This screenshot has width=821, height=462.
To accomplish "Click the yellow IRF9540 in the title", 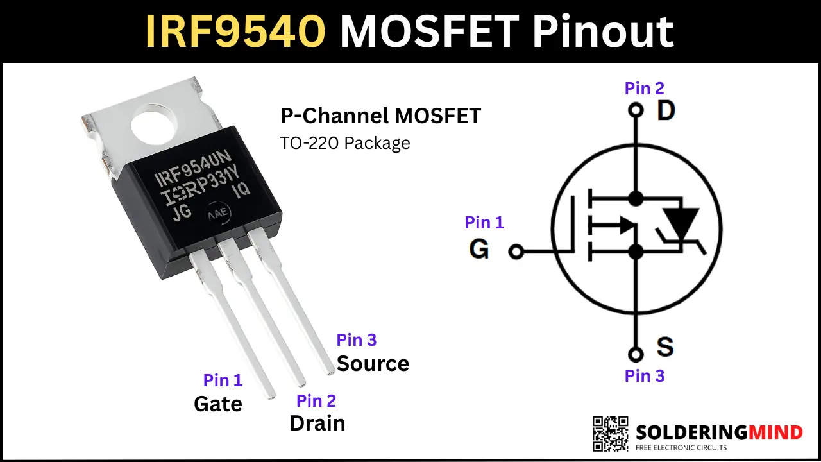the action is coord(235,31).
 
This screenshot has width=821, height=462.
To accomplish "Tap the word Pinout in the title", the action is coord(603,31).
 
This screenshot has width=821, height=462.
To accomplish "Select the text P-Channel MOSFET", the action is coord(380,116).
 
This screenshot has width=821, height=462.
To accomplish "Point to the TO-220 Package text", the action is coord(345,143).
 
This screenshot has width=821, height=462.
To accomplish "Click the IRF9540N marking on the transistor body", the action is coord(192,168).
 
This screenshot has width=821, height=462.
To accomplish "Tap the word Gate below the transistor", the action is coord(218,404).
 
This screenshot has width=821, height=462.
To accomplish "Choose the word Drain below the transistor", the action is coord(317,423).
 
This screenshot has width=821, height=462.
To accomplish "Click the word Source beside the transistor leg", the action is coord(373,363).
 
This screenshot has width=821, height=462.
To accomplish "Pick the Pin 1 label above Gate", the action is coord(223,381).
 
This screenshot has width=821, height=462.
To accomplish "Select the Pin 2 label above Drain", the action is coord(316,401).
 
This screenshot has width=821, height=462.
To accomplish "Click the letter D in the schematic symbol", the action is coord(666,110).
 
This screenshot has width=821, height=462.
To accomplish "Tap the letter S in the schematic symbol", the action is coord(665,346).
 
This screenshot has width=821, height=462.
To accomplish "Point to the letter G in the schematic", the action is coord(478,249).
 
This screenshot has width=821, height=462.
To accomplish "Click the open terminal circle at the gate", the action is coord(516,252).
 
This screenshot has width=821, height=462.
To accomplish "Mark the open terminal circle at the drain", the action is coord(636,110).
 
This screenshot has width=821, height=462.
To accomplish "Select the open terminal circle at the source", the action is coord(636,355).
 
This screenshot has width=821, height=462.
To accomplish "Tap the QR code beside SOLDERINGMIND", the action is coord(610,434).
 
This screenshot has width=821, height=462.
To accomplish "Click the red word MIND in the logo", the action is coord(775,432).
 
